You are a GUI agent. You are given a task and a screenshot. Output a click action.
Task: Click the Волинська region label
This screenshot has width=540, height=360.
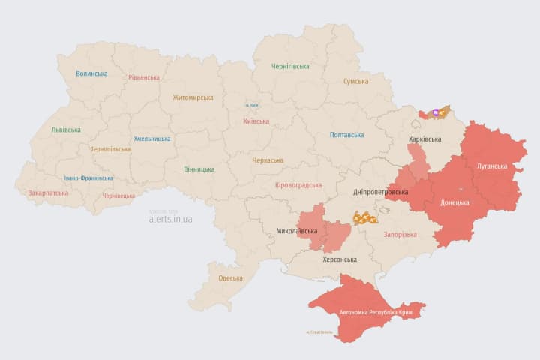[x=91, y=73]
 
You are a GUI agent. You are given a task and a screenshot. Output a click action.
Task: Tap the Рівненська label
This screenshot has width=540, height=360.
[x=143, y=77]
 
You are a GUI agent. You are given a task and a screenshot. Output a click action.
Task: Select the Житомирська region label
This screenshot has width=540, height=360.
[x=193, y=97]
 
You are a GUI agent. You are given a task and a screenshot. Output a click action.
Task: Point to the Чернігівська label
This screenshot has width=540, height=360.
[x=290, y=66]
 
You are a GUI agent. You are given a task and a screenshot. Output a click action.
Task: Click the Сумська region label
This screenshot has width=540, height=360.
[x=355, y=81]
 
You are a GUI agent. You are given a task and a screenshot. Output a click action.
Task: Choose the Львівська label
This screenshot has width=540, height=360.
[x=66, y=130]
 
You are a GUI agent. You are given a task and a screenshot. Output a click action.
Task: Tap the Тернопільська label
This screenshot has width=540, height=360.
[x=110, y=149]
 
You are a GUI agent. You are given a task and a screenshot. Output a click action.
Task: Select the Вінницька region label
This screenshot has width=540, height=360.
[x=199, y=169]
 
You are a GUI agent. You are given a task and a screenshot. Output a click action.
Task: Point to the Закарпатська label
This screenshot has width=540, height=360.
[x=48, y=193]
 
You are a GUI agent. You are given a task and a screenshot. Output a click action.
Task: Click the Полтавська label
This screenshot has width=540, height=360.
[x=346, y=135]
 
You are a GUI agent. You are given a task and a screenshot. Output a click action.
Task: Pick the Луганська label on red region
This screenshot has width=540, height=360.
[x=490, y=166]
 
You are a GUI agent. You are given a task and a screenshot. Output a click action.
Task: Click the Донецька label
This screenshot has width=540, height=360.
[x=454, y=202]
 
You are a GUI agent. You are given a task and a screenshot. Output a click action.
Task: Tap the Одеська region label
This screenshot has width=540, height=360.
[x=230, y=278]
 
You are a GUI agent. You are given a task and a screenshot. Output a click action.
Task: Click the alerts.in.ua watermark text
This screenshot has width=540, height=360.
[x=170, y=219]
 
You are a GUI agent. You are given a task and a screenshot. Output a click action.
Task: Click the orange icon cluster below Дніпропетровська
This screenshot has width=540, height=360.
[x=365, y=218]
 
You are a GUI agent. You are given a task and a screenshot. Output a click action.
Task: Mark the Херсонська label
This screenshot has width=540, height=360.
[x=339, y=259]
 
